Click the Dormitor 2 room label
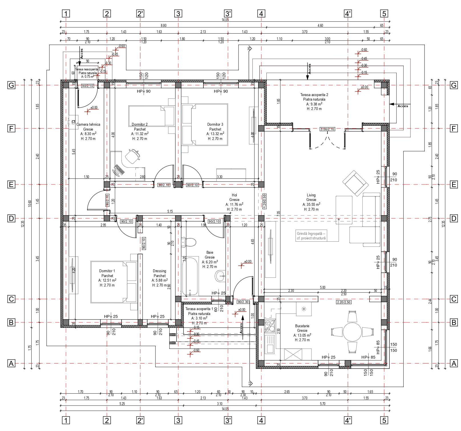click(x=139, y=124)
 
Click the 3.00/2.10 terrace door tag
click(x=327, y=129)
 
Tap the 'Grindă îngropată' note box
click(x=311, y=236)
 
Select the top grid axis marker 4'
click(x=348, y=13)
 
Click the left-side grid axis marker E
click(x=11, y=184)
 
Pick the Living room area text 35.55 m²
click(x=311, y=204)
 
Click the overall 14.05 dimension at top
click(x=225, y=20)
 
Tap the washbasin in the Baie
click(x=220, y=276)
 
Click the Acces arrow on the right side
click(x=399, y=104)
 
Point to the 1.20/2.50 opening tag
click(x=264, y=201)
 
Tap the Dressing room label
click(x=159, y=271)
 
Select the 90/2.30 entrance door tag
click(x=243, y=302)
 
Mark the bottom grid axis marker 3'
click(x=228, y=420)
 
